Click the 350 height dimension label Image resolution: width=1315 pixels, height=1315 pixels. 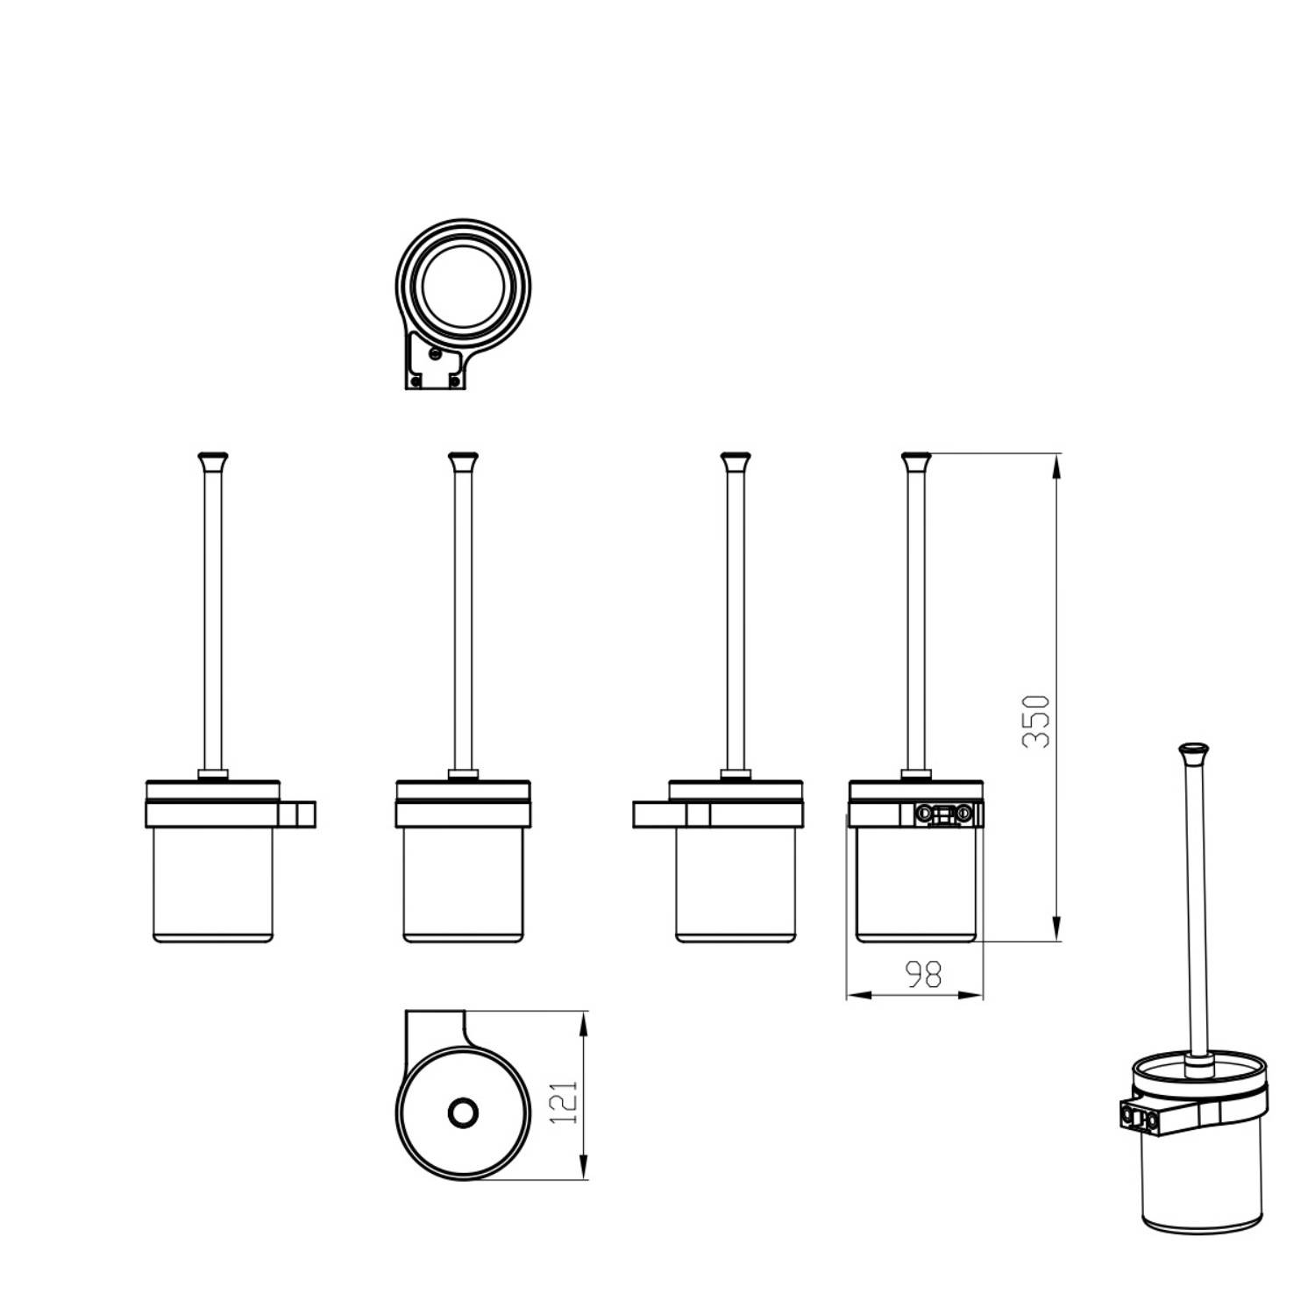1036,721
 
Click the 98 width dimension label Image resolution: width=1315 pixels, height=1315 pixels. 923,974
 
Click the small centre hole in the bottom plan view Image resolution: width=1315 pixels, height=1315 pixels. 462,1113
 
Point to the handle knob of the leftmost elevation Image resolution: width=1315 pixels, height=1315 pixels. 211,460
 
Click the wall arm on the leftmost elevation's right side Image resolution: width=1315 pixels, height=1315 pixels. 296,814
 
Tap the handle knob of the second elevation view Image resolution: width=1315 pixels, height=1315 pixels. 462,460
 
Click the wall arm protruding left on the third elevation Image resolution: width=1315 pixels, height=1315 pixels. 671,814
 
